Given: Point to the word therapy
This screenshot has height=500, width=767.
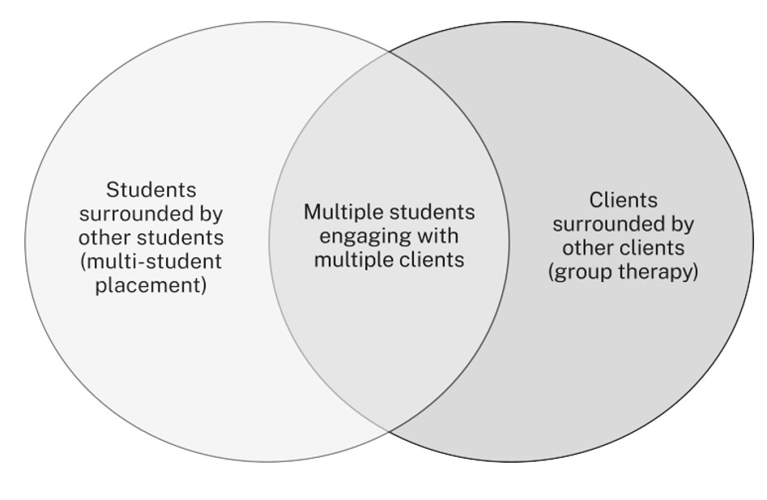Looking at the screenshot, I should [659, 271].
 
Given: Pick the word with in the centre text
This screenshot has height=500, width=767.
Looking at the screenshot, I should [438, 236].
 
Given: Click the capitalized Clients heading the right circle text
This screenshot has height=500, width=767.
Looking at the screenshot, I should [623, 199].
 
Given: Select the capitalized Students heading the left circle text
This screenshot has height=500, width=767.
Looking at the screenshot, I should [151, 190].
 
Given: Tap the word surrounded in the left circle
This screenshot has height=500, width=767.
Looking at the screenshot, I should [131, 215].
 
